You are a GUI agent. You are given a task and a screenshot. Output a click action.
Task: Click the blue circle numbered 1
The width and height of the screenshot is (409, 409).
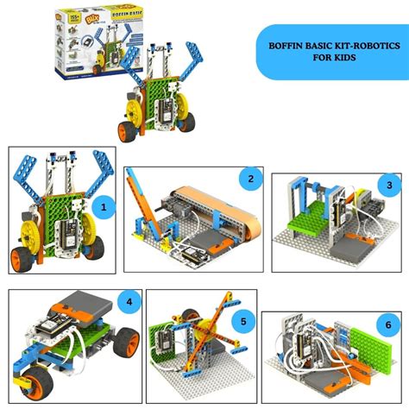click(104, 207)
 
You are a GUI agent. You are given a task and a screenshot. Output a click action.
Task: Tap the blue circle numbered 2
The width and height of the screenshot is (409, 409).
click(250, 179)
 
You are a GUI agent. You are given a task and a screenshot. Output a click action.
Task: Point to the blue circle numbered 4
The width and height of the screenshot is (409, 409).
click(129, 302)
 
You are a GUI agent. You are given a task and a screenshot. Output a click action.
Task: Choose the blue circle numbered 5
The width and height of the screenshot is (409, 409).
click(243, 323)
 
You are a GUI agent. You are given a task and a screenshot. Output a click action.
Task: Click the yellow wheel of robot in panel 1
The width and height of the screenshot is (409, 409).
click(28, 234)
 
